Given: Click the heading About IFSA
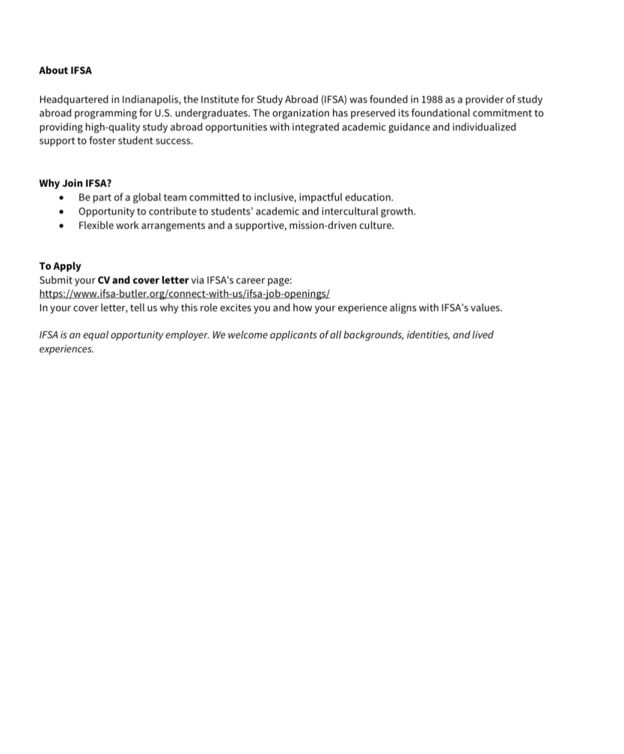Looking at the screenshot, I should pos(65,70).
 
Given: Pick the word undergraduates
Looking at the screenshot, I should pos(212,113).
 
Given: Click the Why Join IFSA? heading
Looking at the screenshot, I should pos(75,183).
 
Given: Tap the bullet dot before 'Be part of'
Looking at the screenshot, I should pos(61,198).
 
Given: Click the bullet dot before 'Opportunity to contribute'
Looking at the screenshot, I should pos(61,212).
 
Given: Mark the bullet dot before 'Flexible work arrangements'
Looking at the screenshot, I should pos(61,226).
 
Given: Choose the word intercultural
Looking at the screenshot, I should pos(350,211).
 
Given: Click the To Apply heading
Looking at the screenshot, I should pos(60,266).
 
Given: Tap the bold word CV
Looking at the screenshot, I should pos(104,280).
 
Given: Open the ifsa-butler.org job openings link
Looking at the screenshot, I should pos(184,294).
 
